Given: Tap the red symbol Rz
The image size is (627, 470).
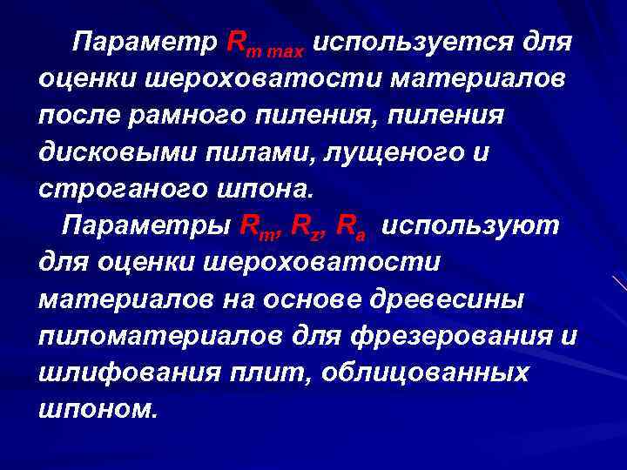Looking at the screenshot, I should coord(305,225).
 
